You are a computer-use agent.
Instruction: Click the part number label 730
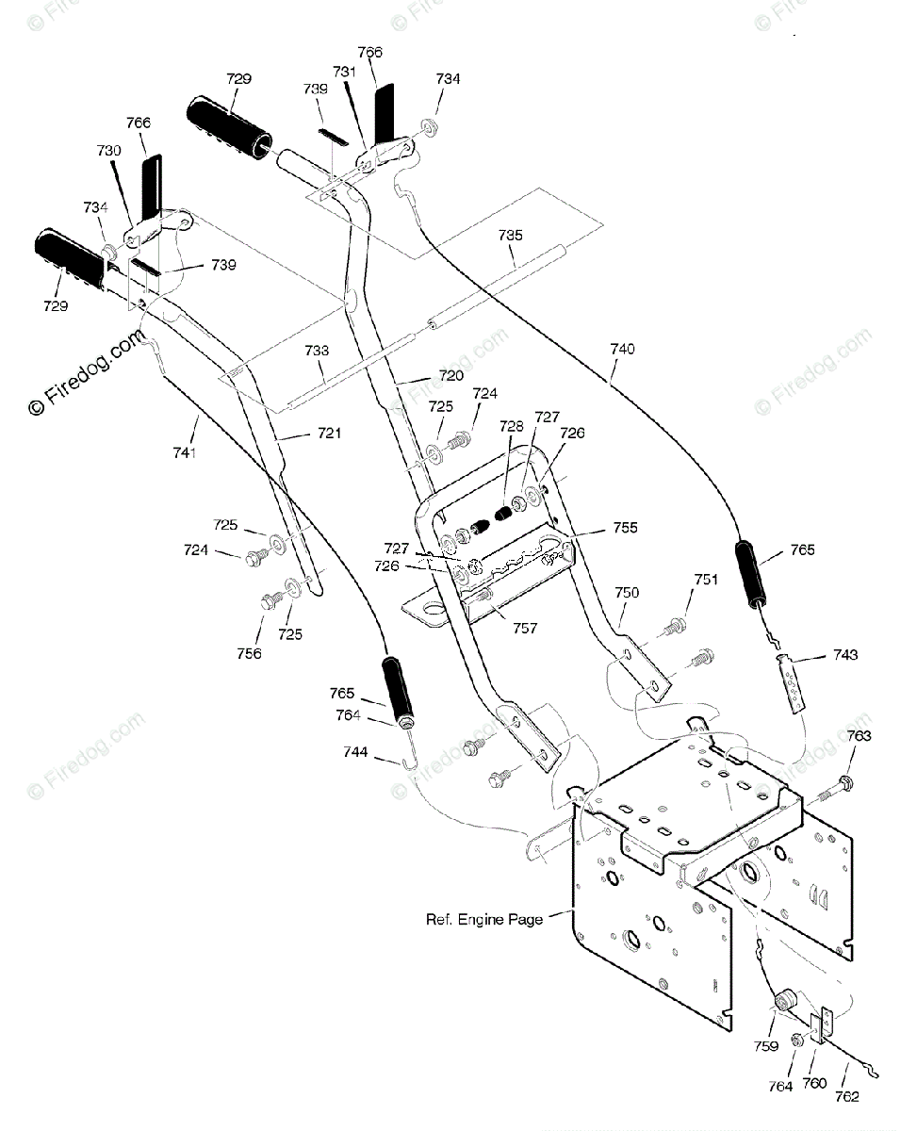click(108, 151)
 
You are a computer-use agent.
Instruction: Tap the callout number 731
click(345, 72)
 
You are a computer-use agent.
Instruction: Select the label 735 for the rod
click(510, 236)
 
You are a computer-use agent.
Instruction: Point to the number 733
click(317, 351)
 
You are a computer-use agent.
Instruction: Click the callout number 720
click(451, 375)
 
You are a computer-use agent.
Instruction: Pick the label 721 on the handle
click(329, 434)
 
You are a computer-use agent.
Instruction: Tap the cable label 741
click(185, 452)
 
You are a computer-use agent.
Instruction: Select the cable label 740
click(622, 349)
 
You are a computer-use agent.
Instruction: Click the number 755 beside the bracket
click(625, 528)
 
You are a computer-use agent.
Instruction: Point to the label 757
click(525, 628)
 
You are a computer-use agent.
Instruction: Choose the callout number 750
click(627, 593)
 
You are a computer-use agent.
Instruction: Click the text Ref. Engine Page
click(484, 920)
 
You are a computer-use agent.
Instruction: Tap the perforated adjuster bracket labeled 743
click(792, 683)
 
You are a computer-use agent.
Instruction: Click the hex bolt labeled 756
click(270, 601)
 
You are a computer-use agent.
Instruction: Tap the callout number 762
click(846, 1096)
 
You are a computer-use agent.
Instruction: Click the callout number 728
click(512, 426)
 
